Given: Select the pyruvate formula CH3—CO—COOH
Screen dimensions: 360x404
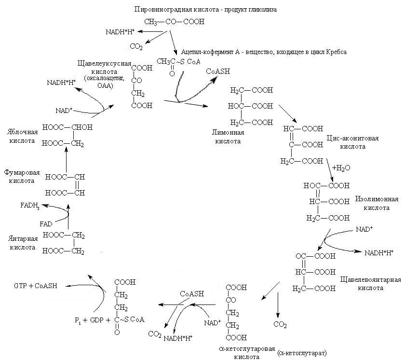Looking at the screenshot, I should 174,22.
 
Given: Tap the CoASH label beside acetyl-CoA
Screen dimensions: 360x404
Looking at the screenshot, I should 218,71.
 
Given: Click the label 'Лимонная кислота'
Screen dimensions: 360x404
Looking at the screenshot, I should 228,137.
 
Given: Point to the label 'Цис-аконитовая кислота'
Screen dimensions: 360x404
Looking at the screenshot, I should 352,142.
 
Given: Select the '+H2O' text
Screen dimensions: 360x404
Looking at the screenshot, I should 340,168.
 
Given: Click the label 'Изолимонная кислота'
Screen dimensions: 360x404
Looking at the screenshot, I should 376,203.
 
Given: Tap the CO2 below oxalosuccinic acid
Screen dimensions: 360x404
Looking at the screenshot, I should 280,325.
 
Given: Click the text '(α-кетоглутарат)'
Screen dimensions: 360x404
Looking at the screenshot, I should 302,353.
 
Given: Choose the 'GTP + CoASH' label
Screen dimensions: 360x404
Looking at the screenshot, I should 36,286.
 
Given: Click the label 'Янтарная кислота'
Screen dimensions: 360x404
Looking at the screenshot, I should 22,243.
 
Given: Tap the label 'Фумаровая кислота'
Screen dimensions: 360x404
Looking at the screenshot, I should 22,176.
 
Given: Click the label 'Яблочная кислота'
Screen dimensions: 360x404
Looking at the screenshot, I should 22,136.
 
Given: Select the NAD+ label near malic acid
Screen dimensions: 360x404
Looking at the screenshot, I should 64,111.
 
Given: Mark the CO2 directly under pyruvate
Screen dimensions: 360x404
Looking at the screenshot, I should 135,46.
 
